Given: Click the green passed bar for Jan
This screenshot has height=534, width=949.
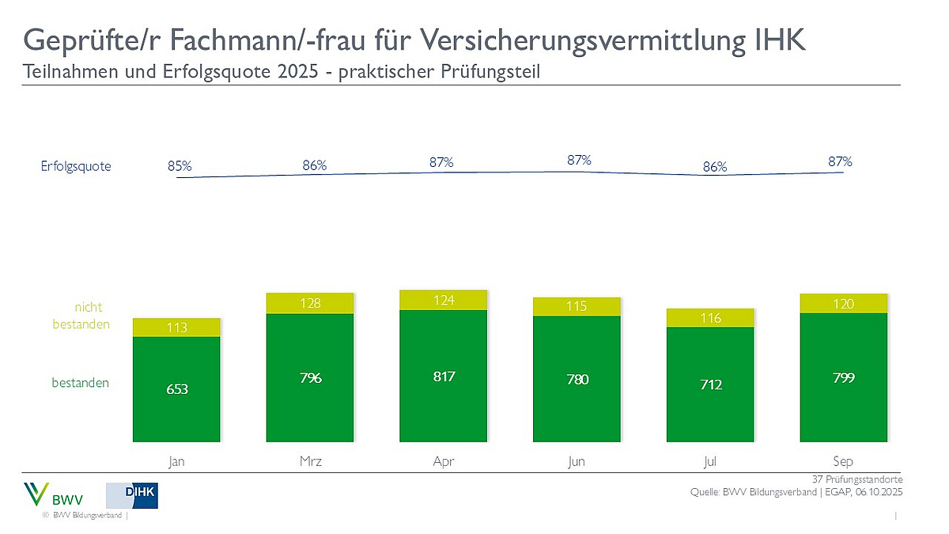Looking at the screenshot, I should tap(176, 388).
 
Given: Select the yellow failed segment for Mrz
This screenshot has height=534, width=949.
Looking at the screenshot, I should tap(310, 304).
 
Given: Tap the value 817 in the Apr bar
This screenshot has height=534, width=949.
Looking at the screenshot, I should tap(444, 377).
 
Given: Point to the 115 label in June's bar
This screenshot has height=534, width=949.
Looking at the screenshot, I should tap(577, 306).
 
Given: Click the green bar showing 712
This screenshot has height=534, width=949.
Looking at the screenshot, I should tap(710, 384).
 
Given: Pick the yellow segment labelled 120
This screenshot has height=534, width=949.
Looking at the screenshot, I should tap(844, 303).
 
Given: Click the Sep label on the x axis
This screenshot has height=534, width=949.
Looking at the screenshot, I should tap(844, 461).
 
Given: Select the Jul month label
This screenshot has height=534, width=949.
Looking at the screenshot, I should tap(710, 461).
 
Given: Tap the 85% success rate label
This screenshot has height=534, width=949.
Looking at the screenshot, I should tap(180, 166).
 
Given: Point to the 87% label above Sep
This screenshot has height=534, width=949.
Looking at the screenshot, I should tap(840, 161).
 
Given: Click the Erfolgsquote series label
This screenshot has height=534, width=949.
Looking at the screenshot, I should tap(77, 167).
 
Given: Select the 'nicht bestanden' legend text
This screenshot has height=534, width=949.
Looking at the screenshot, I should tap(81, 316).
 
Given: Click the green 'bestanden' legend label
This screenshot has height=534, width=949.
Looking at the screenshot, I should tap(81, 383).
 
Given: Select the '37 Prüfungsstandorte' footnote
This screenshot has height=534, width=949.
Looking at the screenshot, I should tap(857, 479).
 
